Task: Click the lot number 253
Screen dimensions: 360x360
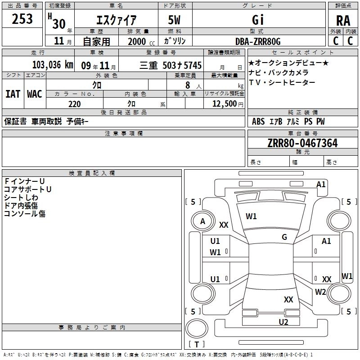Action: [22, 18]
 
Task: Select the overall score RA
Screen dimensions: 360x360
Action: [343, 20]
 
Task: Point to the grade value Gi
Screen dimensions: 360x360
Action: [258, 20]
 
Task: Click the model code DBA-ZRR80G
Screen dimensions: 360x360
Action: [258, 41]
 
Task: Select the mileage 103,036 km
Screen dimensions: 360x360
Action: [52, 65]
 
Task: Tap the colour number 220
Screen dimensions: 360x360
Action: [74, 104]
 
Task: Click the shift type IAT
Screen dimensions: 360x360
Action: [13, 94]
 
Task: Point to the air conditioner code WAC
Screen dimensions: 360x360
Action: [35, 94]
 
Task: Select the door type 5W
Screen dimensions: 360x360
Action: [175, 20]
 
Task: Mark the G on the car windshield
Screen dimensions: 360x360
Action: [284, 237]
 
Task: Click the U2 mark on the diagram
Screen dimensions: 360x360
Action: [283, 322]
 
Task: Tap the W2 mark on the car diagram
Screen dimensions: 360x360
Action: [320, 292]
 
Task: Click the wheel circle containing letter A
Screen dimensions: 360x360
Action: [202, 221]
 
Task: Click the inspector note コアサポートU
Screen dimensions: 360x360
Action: [28, 189]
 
